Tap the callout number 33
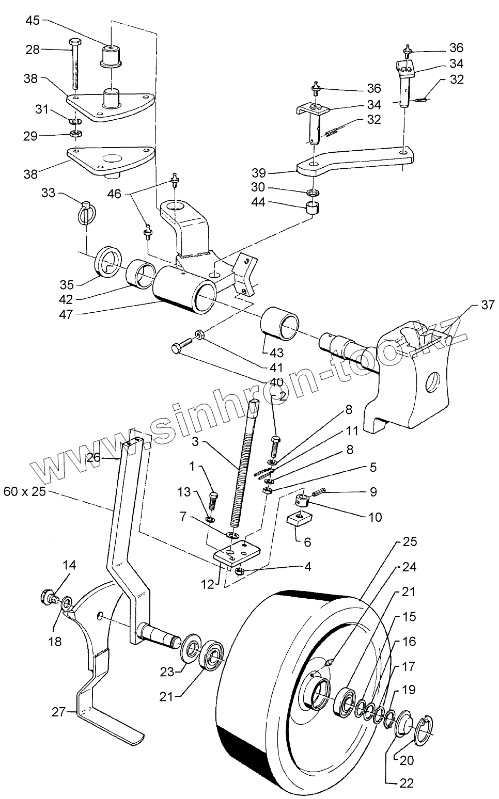(48, 193)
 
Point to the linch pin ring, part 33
(85, 210)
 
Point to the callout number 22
(407, 783)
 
